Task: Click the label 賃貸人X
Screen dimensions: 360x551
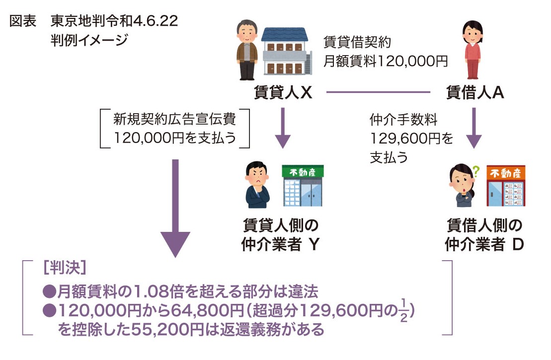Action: [283, 93]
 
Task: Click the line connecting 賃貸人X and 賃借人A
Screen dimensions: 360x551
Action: [378, 92]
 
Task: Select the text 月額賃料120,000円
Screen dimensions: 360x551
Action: [386, 61]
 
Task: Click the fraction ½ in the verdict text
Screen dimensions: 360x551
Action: [403, 312]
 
